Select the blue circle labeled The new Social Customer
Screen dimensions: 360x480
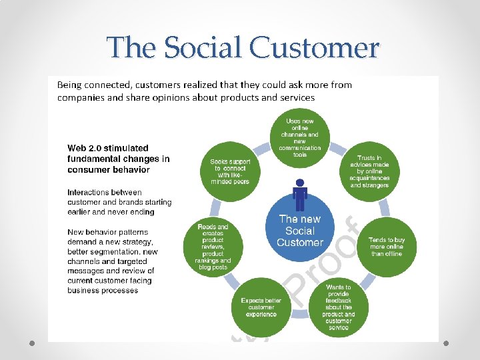(300, 230)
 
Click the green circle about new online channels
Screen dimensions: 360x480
(300, 138)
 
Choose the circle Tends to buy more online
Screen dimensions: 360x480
(387, 247)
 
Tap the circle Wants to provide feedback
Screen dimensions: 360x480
(339, 307)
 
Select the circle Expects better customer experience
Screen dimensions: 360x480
(261, 307)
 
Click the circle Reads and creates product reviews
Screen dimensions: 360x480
(213, 247)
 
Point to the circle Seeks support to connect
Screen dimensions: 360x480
(230, 171)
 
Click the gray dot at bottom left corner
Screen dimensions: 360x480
(31, 343)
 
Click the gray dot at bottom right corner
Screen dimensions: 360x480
(448, 343)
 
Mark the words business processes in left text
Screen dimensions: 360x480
(102, 291)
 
